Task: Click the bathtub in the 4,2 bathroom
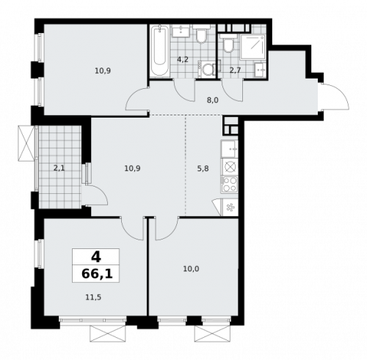159,51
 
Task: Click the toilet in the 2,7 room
230,46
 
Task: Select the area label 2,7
235,70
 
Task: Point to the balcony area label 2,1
59,168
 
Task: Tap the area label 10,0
191,269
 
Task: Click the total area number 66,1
95,275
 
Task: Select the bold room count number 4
95,257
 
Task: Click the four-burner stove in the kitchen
230,183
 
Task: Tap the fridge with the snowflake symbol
230,207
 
